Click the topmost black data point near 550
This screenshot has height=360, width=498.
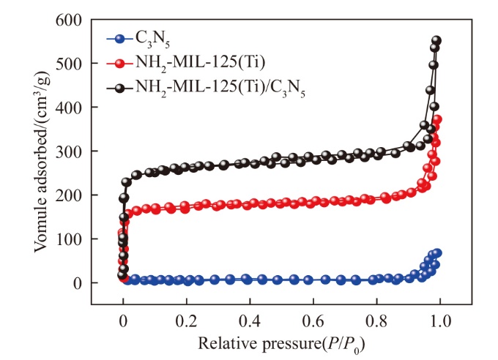pos(437,41)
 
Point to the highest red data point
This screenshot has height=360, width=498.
pos(437,120)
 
